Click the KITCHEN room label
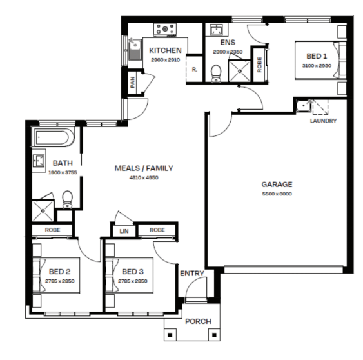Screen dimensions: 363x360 [x=165, y=50]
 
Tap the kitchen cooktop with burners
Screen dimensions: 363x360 [x=165, y=30]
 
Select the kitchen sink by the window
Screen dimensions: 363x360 [x=135, y=50]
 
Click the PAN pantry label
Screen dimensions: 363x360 [x=132, y=82]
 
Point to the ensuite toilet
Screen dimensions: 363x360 [x=216, y=74]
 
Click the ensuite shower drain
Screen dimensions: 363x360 [x=240, y=71]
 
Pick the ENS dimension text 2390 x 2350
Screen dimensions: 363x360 [x=228, y=52]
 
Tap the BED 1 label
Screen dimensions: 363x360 [x=317, y=56]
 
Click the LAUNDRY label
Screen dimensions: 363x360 [x=323, y=121]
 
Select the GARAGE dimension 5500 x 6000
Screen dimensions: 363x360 [x=277, y=194]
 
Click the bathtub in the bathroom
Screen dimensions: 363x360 [x=53, y=137]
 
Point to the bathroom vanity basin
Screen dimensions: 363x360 [x=39, y=161]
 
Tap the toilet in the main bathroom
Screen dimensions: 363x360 [x=67, y=199]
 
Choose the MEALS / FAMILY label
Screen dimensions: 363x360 [x=144, y=168]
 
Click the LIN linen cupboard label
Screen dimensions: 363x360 [x=124, y=231]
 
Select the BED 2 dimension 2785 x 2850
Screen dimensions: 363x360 [x=60, y=281]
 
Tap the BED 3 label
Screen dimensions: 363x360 [x=133, y=272]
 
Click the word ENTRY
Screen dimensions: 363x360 [x=192, y=274]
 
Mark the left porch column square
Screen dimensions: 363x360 [x=170, y=335]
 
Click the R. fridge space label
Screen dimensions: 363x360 [x=195, y=70]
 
